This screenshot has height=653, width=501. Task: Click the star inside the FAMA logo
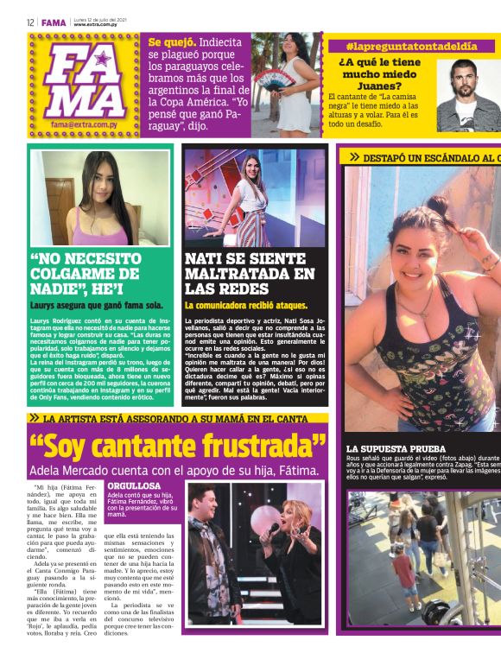(102, 59)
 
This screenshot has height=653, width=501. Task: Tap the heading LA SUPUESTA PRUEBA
(396, 449)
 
